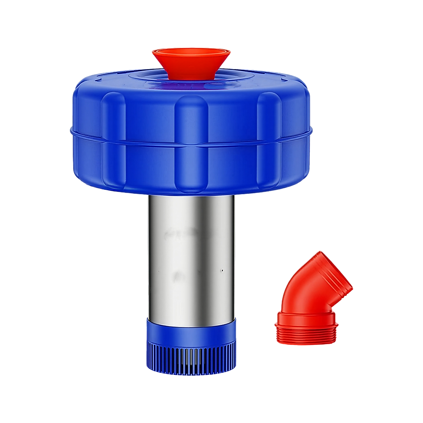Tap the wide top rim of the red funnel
(x=191, y=52)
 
